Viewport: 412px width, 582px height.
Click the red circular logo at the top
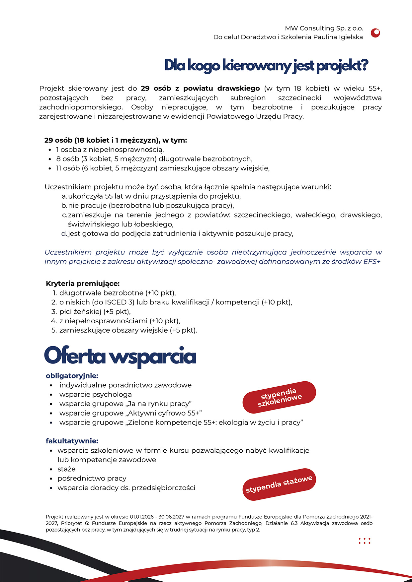pos(375,33)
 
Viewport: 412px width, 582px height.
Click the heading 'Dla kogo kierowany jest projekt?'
pos(266,66)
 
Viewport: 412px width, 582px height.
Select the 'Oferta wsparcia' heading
pos(120,356)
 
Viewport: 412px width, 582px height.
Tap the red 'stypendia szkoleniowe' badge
pos(279,397)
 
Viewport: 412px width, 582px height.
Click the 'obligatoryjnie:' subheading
pos(72,376)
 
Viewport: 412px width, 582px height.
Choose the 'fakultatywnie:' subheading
pos(72,441)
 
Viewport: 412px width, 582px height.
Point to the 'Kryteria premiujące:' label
pos(83,284)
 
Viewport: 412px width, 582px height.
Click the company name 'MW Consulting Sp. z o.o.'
pos(324,28)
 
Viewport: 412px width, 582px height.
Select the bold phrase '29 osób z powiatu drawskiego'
pos(200,89)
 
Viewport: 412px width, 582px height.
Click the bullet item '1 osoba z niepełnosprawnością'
pos(110,150)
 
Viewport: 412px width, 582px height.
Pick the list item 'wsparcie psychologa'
pos(96,394)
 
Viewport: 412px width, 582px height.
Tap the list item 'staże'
pos(66,469)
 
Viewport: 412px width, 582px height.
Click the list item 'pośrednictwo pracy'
pos(92,478)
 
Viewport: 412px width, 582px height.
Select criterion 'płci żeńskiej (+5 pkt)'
pos(95,311)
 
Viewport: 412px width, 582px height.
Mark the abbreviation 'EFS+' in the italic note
pos(372,262)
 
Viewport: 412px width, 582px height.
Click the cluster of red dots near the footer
pos(365,541)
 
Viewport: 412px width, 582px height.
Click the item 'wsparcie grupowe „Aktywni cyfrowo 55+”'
pos(130,413)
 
